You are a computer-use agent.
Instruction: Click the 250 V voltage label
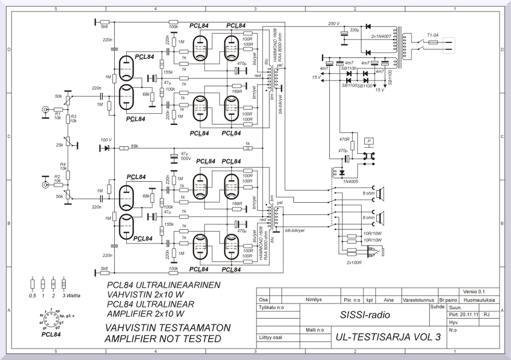coord(334,24)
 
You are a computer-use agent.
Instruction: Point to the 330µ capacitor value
coord(354,30)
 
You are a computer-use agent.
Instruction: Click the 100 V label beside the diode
coord(106,140)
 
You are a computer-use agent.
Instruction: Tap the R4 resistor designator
coord(63,164)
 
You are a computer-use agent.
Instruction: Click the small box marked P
coord(369,141)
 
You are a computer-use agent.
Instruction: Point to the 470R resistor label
coord(344,139)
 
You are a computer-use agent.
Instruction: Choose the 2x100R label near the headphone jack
coord(354,262)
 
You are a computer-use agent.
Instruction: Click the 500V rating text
coord(186,158)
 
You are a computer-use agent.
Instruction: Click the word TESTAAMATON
coord(194,328)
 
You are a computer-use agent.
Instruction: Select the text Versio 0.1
coord(474,292)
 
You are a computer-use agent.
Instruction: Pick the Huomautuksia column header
coord(479,300)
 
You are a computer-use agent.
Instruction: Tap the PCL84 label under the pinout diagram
coord(50,334)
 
